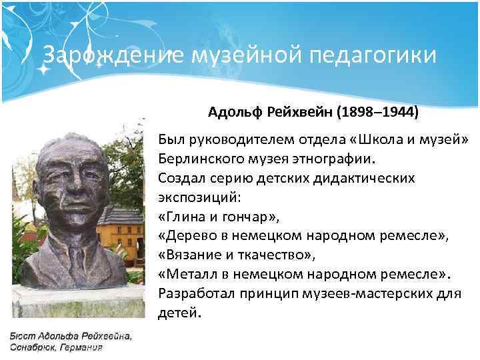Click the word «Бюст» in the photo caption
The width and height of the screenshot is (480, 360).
click(21, 335)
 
